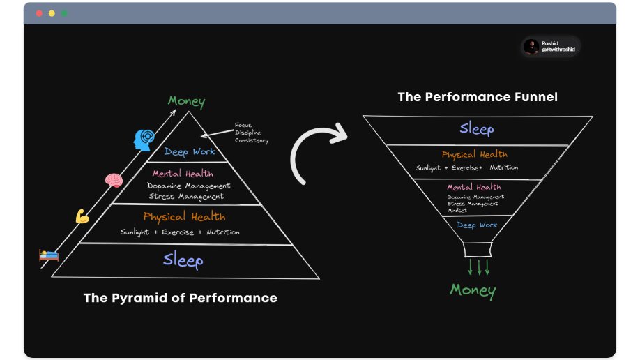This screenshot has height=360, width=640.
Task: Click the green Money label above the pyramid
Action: coord(187,102)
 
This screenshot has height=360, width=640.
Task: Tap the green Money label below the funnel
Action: coord(473,290)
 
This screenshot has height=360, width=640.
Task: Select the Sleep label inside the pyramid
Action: coord(183,261)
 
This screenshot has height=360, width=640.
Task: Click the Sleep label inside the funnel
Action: coord(477,129)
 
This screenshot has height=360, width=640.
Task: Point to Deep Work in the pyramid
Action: coord(190,151)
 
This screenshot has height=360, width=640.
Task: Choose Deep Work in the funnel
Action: coord(477,225)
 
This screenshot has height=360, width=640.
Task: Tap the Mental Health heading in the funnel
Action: coord(474,187)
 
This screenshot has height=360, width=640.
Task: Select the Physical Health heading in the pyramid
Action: coord(184,217)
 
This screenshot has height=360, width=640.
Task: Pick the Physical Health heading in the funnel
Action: coord(474,154)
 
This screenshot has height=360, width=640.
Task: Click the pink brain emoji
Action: coord(114,180)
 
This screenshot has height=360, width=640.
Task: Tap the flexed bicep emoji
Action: coord(82,216)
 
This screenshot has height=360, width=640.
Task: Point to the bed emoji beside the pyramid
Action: coord(49,255)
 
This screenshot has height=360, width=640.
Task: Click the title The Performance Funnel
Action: coord(478,97)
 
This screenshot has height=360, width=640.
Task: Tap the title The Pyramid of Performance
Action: coord(180,298)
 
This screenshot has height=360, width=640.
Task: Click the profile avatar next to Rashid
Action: coord(531,47)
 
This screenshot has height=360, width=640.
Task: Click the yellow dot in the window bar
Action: coord(52,13)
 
